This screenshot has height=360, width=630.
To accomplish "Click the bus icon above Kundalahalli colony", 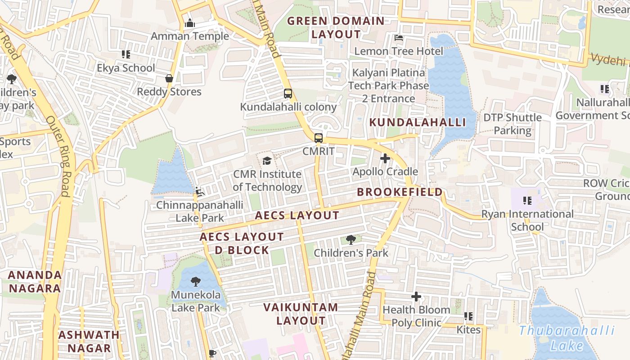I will click(x=288, y=94).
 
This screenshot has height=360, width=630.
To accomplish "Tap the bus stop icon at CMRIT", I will click(x=318, y=138).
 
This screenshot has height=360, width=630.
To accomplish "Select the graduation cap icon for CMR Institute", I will click(x=267, y=161).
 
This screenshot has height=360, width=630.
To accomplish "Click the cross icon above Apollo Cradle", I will click(x=385, y=158).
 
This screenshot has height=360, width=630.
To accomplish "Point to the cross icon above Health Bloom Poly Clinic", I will click(x=416, y=297).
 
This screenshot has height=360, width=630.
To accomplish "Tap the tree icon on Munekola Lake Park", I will click(x=195, y=282).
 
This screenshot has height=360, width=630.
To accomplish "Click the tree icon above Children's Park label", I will click(x=351, y=239).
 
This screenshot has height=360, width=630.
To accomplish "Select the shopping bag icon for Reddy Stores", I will click(x=169, y=78).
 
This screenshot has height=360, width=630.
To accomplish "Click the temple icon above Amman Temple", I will click(x=189, y=23).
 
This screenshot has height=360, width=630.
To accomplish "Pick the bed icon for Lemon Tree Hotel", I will click(x=398, y=38).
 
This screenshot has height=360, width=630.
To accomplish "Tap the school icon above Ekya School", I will click(x=126, y=54).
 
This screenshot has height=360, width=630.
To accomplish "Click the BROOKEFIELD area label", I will click(x=400, y=192).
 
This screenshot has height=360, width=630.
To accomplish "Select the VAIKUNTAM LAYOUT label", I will click(x=301, y=314).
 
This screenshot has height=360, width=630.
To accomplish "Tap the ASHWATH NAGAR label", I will click(x=89, y=341).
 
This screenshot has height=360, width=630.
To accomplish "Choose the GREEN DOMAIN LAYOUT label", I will click(x=336, y=27).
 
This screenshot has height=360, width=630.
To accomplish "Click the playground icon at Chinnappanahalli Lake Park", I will click(x=199, y=192).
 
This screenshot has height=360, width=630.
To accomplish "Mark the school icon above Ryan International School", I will click(x=527, y=200).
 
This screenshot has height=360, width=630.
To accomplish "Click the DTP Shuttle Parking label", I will click(x=513, y=124).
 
